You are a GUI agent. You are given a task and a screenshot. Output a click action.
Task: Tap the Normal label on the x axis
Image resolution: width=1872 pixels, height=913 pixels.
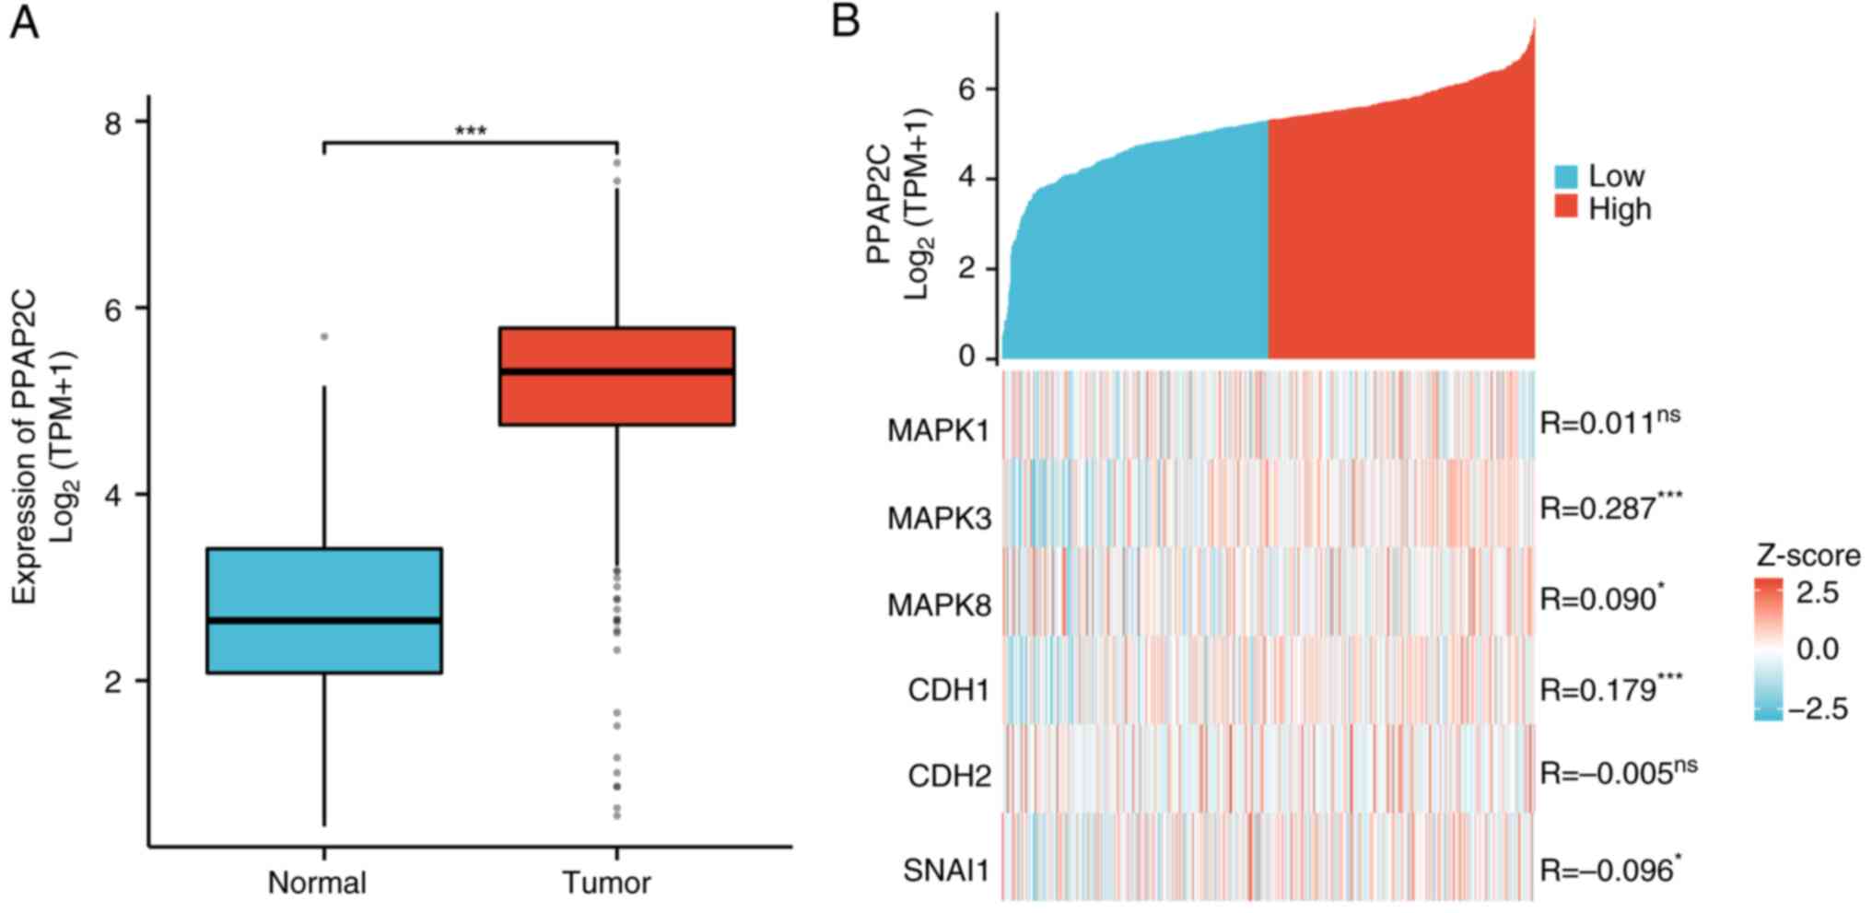coord(317,883)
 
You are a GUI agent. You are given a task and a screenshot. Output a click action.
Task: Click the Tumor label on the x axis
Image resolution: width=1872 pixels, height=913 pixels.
coord(606,883)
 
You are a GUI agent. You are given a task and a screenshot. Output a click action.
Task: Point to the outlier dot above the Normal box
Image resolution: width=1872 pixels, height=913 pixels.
coord(324,337)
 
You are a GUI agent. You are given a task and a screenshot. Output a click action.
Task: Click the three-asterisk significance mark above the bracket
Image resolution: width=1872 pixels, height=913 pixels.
coord(471,132)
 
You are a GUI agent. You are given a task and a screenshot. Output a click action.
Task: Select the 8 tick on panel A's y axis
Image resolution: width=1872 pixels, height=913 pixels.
coord(113,123)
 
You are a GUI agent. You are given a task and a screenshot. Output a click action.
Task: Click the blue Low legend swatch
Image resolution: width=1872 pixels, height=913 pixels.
coord(1566,176)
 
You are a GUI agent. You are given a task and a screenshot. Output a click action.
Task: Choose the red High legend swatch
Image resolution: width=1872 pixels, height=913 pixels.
coord(1566,208)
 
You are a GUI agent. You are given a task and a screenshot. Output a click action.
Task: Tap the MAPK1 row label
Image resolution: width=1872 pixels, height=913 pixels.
coord(939,430)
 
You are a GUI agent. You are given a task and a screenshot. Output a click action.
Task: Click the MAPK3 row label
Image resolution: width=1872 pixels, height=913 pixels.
coord(939,519)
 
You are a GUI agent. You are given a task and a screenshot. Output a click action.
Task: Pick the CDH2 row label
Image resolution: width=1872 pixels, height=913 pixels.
coord(949,776)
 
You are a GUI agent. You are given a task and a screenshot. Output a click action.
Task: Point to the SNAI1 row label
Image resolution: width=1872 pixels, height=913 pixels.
coord(946,870)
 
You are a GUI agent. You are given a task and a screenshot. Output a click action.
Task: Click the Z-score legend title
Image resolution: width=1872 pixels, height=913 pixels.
coord(1808,556)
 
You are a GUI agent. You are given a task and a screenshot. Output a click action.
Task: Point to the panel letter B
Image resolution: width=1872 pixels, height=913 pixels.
coord(845,21)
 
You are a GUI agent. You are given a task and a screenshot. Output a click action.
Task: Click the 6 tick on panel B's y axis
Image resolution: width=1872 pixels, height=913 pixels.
coord(966,89)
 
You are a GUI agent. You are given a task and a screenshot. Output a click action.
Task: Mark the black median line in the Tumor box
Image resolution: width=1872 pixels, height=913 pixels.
coord(616,371)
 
